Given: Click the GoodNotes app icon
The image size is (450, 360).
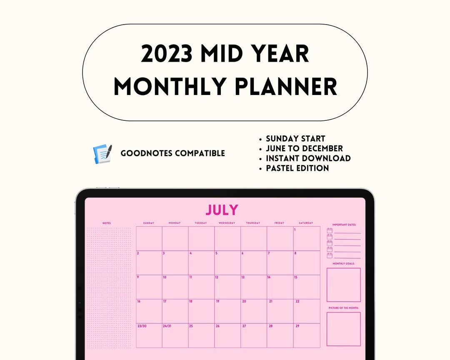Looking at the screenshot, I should coord(102,154).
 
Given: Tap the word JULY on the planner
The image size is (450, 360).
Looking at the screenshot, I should coord(222,210).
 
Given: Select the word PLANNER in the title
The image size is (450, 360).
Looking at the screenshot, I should coord(285,87).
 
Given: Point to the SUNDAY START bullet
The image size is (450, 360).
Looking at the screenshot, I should coord(295,139).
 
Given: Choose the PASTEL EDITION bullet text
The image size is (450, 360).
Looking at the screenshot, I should coord(297,168).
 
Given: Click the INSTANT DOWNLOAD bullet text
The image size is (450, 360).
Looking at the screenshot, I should coord(308,158).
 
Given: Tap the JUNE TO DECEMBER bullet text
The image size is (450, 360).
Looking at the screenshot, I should coord(304,148).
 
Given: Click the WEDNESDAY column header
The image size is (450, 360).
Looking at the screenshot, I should coord(227,223).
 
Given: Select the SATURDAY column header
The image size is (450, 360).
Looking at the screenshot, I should coord(306,223).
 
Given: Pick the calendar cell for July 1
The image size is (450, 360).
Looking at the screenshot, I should coord(307,238).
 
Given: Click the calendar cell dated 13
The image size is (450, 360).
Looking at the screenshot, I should coord(254,287).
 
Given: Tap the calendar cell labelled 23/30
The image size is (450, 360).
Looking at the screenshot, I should coord(149,335).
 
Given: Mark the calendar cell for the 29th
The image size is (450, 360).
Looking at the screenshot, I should coord(307,335).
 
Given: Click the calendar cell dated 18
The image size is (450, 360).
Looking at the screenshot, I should coord(201,311).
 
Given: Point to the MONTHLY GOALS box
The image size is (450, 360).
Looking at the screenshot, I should coord(343,285).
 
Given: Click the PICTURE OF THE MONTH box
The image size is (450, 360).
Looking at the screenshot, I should coord(343,329).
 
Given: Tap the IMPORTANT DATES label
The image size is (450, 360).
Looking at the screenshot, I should coord(344,225).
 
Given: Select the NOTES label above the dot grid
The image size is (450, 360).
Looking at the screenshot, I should coord(107,223).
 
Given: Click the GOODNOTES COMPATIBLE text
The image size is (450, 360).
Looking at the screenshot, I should coord(172,153).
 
